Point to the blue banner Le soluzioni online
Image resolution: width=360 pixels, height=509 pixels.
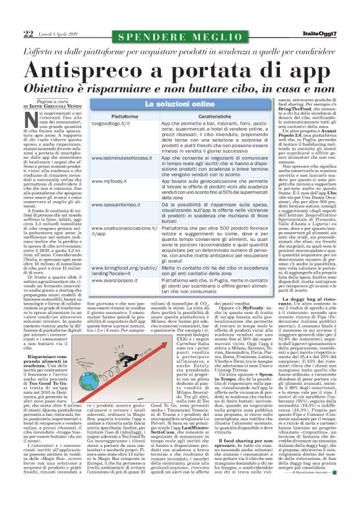(180, 103)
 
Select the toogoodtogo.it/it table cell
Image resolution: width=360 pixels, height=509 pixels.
(114, 124)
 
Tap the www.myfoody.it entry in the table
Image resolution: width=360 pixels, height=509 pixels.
(109, 181)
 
